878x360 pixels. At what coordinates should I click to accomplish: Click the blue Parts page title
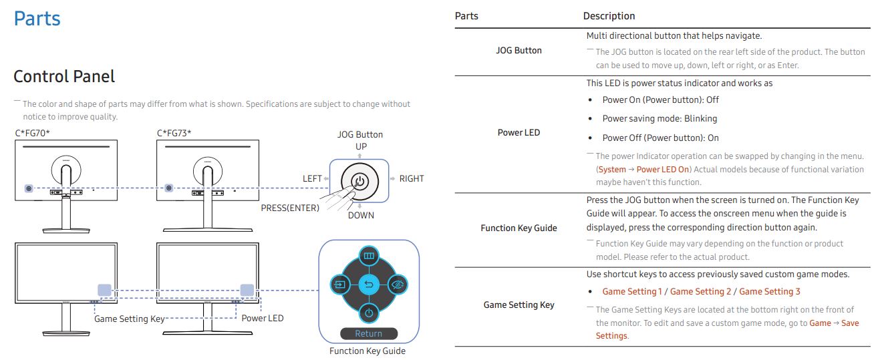tap(37, 19)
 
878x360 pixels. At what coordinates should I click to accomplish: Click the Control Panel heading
tap(64, 76)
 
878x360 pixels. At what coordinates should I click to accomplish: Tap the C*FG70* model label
tap(33, 133)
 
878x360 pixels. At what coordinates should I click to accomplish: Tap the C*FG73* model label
tap(174, 133)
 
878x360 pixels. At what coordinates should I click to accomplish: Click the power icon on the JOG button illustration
tap(360, 182)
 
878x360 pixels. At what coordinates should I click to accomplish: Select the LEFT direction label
tap(312, 178)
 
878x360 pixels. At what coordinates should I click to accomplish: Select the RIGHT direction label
tap(412, 178)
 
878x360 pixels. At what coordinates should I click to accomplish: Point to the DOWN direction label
tap(361, 216)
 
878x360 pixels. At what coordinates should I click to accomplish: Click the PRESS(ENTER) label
tap(290, 208)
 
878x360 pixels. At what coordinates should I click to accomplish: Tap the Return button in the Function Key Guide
tap(369, 333)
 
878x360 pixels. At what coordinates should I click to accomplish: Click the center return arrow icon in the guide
tap(369, 285)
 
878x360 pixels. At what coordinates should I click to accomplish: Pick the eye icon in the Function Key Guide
tap(398, 285)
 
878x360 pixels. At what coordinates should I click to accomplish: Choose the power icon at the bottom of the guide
tap(369, 313)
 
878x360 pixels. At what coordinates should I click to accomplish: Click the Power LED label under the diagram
tap(263, 318)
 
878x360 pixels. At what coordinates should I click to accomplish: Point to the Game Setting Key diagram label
tap(130, 319)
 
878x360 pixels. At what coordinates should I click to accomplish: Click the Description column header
tap(609, 16)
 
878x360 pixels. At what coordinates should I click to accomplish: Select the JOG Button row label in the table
tap(519, 51)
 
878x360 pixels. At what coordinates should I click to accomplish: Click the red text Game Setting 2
tap(700, 291)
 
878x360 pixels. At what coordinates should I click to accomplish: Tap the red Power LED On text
tap(662, 170)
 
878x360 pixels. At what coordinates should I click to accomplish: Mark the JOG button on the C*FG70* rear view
tap(29, 188)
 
